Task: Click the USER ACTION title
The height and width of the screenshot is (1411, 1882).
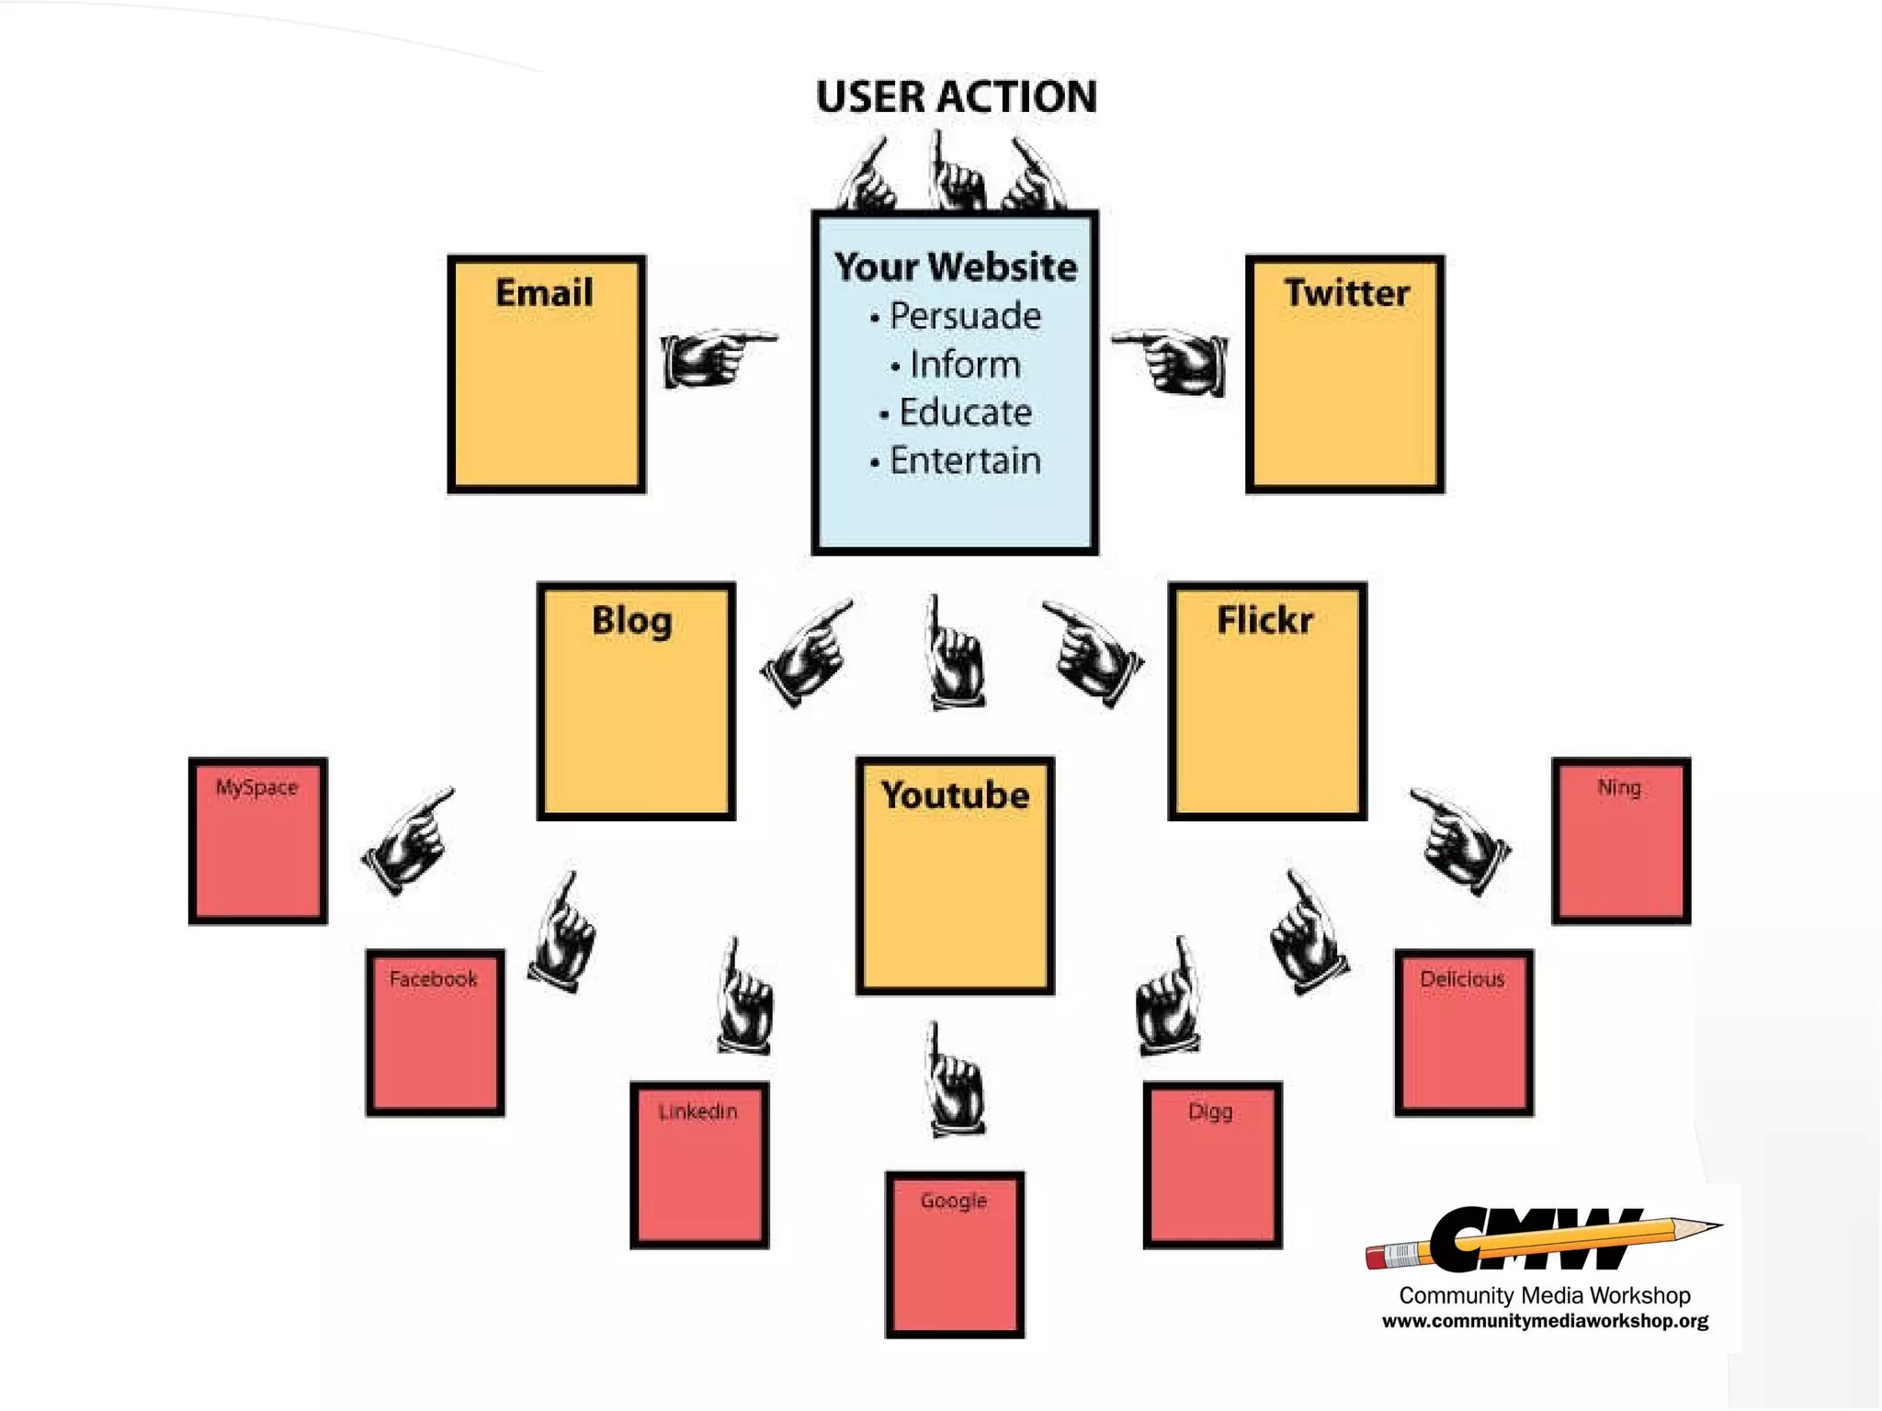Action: coord(956,96)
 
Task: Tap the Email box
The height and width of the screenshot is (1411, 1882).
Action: coord(547,374)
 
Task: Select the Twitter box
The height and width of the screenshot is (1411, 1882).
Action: coord(1344,374)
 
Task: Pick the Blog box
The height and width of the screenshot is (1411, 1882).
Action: coord(636,700)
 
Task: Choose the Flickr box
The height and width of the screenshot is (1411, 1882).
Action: coord(1267,700)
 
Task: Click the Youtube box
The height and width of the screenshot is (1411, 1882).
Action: coord(955,875)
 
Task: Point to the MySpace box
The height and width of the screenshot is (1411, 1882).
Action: coord(258,841)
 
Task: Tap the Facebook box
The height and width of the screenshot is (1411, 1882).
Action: coord(435,1033)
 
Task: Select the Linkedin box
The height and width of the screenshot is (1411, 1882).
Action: coord(699,1165)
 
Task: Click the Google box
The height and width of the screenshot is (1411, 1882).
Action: coord(955,1254)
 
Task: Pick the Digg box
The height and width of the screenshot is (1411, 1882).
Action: coord(1212,1165)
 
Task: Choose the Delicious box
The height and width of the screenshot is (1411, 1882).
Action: coord(1464,1033)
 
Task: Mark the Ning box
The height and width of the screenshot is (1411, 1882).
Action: coord(1621,841)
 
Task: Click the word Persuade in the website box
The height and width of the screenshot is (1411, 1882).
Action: coord(965,316)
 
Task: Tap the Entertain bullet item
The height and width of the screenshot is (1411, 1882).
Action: coord(965,460)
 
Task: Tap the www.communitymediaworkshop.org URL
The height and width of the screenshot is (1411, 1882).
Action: coord(1545,1321)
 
